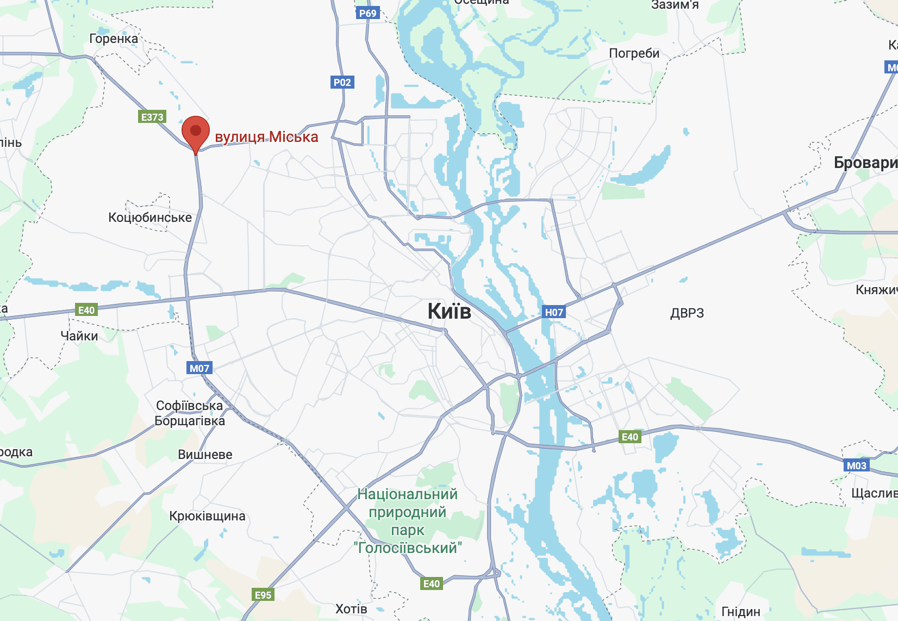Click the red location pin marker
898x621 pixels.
195,132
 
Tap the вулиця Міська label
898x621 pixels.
266,137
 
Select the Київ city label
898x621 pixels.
449,311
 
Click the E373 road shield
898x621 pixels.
152,117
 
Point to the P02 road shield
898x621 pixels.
342,82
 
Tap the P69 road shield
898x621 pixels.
368,13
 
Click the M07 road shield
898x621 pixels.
199,368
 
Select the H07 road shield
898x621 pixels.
554,312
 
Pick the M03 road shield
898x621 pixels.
857,465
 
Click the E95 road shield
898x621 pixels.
263,595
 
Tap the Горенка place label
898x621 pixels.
114,39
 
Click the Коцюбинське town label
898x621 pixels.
150,218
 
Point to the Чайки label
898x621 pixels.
79,336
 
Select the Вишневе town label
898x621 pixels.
205,455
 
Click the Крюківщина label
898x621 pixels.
207,516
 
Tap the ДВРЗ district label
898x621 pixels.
687,313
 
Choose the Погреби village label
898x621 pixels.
634,53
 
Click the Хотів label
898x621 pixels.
351,609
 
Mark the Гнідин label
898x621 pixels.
741,612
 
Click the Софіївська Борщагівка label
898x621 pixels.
190,413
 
